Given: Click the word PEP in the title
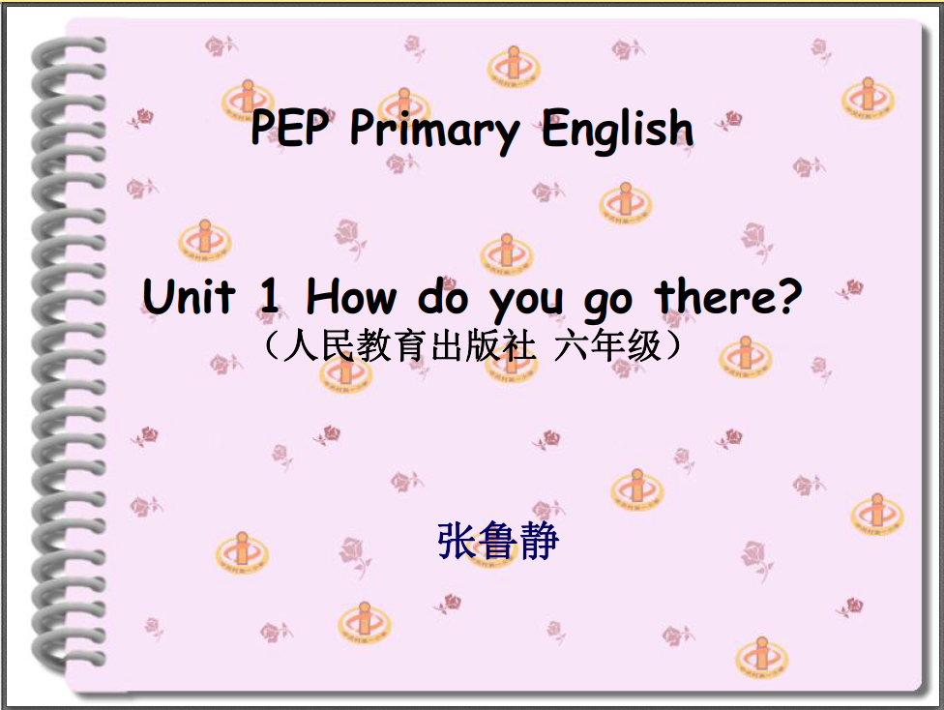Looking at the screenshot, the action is click(289, 127).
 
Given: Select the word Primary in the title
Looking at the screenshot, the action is click(434, 132).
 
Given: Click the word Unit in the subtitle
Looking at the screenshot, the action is click(189, 296).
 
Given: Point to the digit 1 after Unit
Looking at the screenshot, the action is click(269, 296).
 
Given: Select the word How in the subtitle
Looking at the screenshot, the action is click(352, 296).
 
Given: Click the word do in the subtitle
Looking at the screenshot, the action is click(443, 296).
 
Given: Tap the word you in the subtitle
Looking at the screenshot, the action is click(526, 303).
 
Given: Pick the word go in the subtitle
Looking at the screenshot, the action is click(608, 303).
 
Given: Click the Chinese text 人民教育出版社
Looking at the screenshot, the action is click(409, 346).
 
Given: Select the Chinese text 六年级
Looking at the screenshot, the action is click(608, 346).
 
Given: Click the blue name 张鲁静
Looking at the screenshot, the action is click(498, 541).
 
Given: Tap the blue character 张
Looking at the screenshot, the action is click(457, 541).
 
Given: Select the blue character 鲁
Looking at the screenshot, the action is click(498, 541).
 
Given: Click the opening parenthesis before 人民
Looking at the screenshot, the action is click(270, 346).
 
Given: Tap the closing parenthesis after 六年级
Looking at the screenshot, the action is click(675, 346).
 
